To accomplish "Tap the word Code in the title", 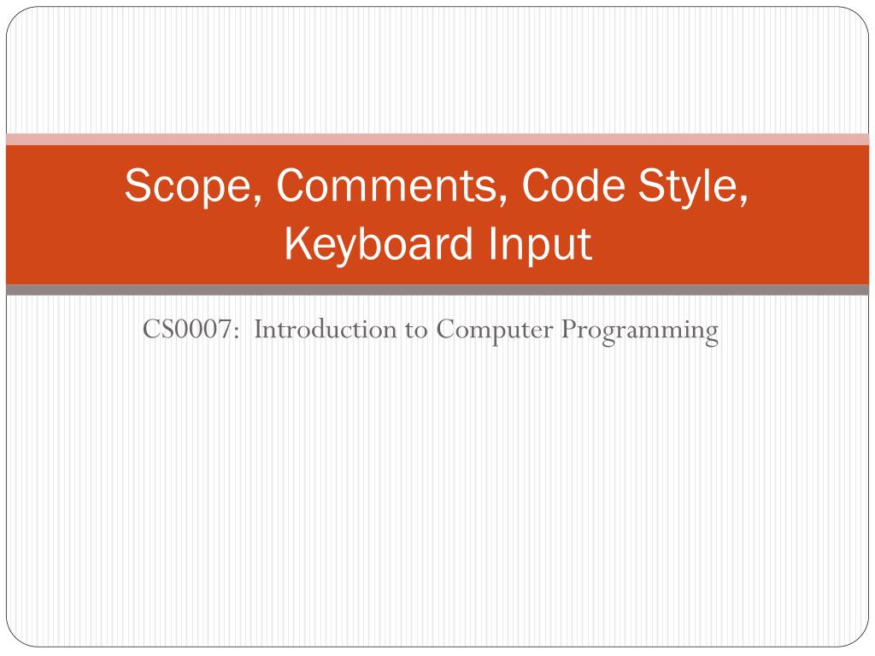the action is tap(573, 184).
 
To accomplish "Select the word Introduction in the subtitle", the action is tap(326, 329).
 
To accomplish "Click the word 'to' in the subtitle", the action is tap(416, 331).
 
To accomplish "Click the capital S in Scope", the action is tap(138, 184).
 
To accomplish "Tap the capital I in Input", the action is tap(492, 243).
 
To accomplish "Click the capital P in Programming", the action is tap(569, 329).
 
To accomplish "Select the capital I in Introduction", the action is tap(259, 329).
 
